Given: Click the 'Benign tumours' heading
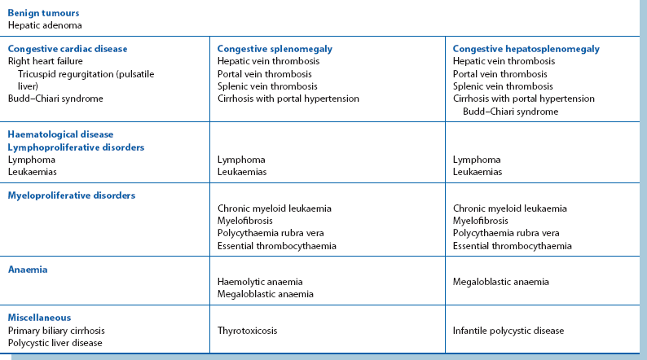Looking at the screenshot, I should pos(43,13).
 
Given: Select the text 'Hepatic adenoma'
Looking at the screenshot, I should pos(45,25).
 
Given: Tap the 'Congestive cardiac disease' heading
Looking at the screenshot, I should pos(68,49).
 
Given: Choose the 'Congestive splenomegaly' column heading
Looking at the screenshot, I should pos(275,49).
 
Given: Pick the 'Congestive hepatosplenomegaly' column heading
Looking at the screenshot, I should pos(526,49).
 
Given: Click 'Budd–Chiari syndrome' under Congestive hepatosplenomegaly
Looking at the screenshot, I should pos(510,112).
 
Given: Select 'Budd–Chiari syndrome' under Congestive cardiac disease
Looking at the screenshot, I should pos(55,99).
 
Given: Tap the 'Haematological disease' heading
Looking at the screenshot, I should pos(60,134).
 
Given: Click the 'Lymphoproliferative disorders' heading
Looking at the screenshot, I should pos(76,147).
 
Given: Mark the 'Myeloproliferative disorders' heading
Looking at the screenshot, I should pos(71,195).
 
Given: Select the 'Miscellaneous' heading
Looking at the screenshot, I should pos(39,318).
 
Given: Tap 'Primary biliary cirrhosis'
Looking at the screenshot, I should pos(56,331).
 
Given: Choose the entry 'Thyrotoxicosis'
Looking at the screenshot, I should pos(248,331).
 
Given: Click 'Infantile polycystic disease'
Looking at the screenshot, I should pos(508,331).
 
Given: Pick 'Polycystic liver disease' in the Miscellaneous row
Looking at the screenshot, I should pos(55,343).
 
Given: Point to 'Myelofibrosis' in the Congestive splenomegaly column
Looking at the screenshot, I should pos(245,221).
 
